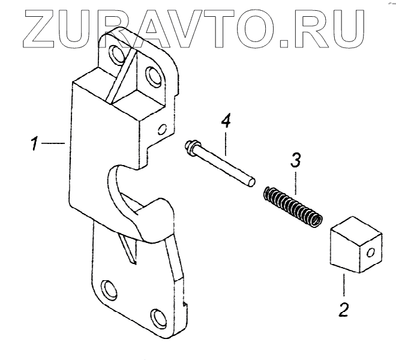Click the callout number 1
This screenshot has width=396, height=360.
click(35, 144)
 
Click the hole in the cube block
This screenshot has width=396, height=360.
click(373, 252)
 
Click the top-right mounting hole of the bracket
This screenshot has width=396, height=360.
click(151, 76)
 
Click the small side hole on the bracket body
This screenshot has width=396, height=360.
click(161, 128)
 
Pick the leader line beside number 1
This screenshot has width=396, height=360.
click(57, 143)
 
